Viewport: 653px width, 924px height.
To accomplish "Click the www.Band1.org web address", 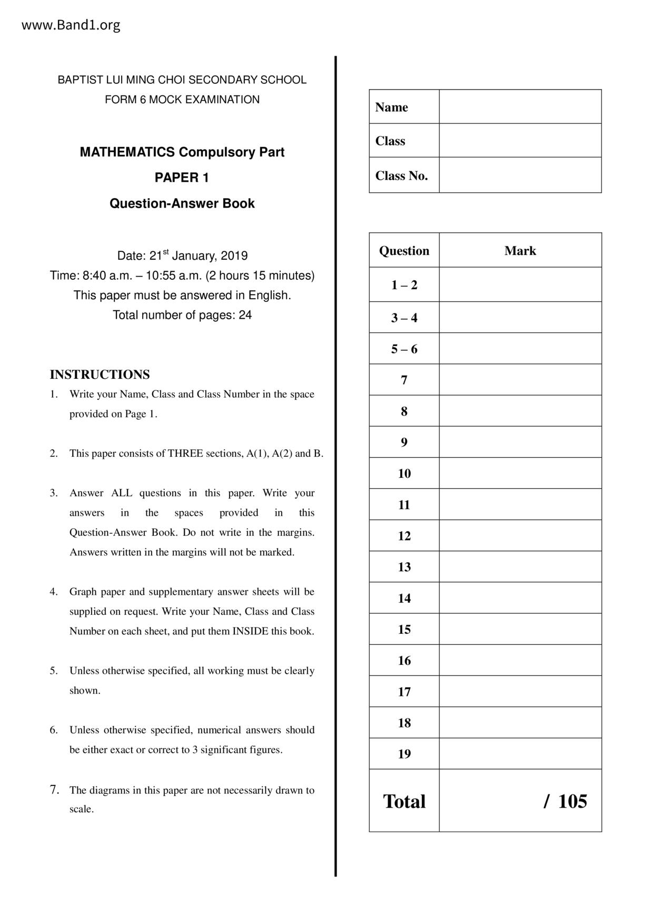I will pos(71,25).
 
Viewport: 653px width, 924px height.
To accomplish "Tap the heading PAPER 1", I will pos(182,178).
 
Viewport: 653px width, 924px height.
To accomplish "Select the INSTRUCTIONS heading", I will pos(100,375).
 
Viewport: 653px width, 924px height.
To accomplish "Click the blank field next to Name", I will pos(520,107).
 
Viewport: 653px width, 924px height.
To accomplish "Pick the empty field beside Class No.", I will pos(520,175).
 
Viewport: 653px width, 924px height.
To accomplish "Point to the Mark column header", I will pos(520,251).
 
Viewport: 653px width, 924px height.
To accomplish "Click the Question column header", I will pos(404,251).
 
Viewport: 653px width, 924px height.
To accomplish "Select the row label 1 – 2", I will pos(404,285).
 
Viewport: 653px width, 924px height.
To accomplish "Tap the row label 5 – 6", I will pos(404,349).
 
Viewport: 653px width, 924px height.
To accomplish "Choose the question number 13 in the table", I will pos(404,567).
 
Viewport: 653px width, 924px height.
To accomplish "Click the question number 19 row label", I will pos(404,754).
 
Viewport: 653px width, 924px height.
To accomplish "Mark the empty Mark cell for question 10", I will pos(520,473).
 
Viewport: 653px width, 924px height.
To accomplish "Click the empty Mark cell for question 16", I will pos(520,660).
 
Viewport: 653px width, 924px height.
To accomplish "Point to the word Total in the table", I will pos(404,801).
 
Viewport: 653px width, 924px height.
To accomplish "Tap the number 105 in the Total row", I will pos(572,801).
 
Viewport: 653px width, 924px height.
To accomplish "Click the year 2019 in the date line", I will pos(234,256).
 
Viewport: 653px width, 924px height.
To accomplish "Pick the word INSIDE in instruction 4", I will pos(250,631).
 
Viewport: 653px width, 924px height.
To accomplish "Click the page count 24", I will pos(245,315).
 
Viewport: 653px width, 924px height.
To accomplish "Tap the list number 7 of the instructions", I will pos(54,790).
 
